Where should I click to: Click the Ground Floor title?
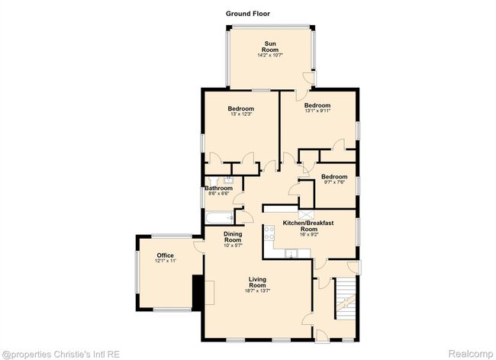click(x=248, y=14)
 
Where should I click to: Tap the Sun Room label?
click(x=270, y=47)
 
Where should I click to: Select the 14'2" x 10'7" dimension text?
click(x=270, y=55)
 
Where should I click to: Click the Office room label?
click(x=165, y=256)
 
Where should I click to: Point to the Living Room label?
click(x=257, y=282)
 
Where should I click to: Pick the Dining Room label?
click(x=233, y=237)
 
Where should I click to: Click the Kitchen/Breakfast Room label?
click(x=308, y=226)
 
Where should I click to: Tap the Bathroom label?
click(x=218, y=188)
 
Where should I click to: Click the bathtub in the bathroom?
click(x=220, y=217)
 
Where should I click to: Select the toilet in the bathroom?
click(x=213, y=181)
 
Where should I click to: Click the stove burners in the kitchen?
click(x=269, y=233)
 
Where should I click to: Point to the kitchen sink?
click(x=291, y=253)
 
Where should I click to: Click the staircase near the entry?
click(x=346, y=298)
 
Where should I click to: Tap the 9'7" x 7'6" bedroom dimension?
click(x=334, y=182)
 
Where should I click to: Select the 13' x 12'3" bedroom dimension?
click(x=241, y=114)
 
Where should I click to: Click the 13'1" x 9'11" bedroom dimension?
click(x=317, y=111)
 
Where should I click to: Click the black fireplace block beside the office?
click(x=198, y=293)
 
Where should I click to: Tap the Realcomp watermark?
click(x=471, y=353)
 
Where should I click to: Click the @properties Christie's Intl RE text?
click(x=61, y=354)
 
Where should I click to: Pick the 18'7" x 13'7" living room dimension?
click(x=257, y=291)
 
